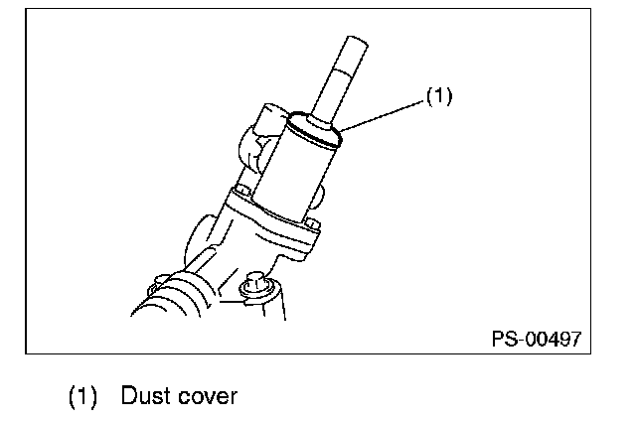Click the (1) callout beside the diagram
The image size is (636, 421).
[x=439, y=97]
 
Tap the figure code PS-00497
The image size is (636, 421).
[x=536, y=338]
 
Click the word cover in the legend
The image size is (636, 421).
[x=207, y=396]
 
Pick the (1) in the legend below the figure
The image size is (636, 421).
[x=82, y=396]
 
